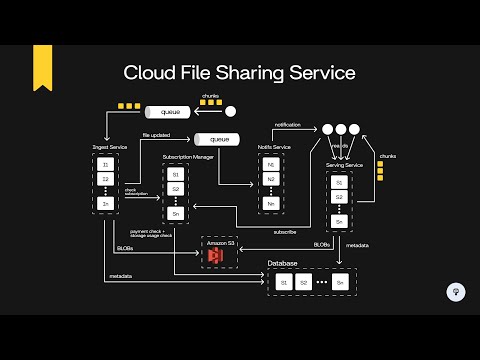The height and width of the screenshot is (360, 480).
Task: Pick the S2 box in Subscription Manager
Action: (175, 188)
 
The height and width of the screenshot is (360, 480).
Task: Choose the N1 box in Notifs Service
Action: (270, 164)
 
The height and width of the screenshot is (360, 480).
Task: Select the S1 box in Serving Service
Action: (341, 184)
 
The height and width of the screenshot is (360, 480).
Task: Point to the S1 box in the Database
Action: (284, 284)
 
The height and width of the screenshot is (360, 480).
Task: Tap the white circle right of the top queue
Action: (230, 112)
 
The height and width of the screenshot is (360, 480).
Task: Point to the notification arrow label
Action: (289, 126)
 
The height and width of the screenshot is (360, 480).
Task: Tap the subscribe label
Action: (285, 232)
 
